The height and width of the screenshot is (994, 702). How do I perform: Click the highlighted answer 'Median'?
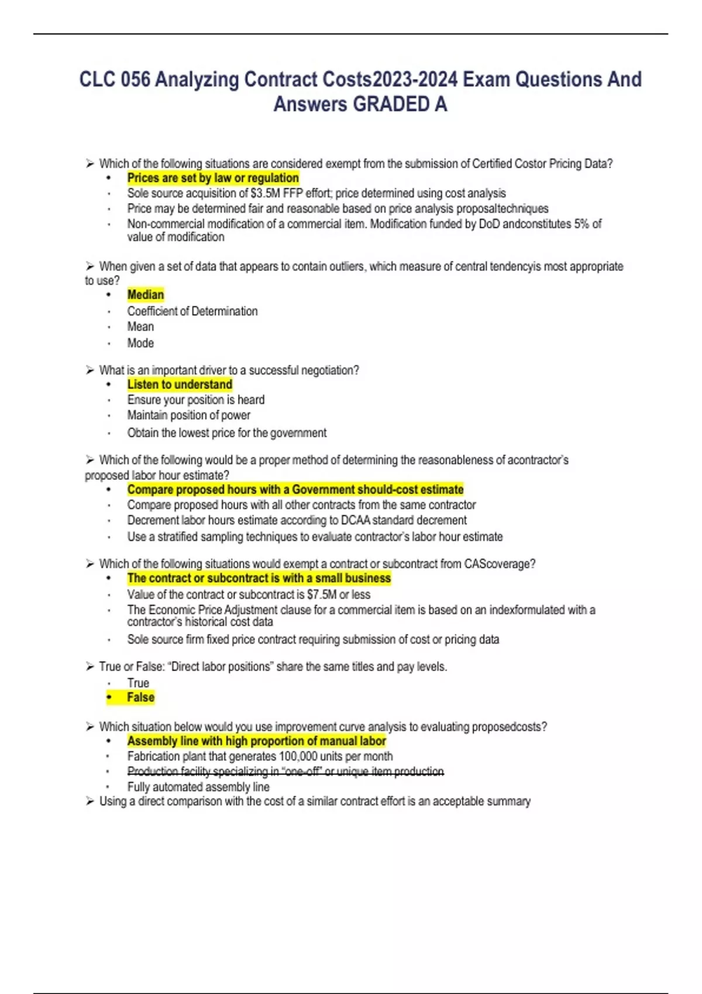[x=146, y=295]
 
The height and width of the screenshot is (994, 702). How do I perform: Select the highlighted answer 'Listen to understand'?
[x=180, y=384]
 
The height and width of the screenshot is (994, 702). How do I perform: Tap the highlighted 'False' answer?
[x=140, y=697]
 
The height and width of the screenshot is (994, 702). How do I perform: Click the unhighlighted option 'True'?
[x=138, y=682]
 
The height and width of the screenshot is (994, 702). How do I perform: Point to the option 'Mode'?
[x=140, y=343]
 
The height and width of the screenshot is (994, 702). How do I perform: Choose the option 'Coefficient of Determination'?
[x=192, y=311]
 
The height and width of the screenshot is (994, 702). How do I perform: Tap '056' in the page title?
[x=135, y=80]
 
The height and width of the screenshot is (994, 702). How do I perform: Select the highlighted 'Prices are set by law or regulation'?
[x=213, y=178]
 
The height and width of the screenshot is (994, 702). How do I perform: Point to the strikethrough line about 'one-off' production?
[x=285, y=772]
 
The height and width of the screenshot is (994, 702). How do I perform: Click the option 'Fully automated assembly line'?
[x=198, y=787]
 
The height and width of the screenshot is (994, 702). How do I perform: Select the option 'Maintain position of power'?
[x=188, y=415]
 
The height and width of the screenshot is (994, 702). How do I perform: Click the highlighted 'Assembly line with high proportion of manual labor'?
[x=256, y=741]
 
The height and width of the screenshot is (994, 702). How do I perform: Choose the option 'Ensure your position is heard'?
[x=195, y=400]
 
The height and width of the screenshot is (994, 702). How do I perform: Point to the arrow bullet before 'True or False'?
[x=90, y=667]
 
